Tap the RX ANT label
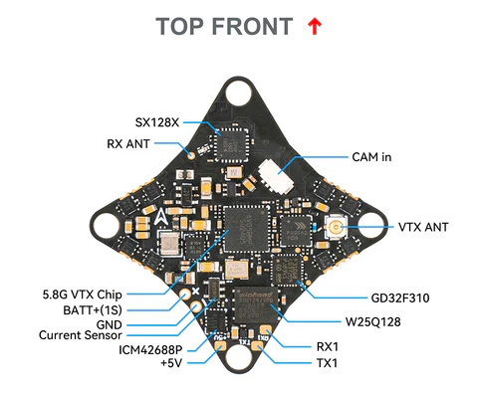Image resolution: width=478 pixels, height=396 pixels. [x=127, y=143]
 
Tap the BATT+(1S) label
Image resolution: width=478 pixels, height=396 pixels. [x=108, y=309]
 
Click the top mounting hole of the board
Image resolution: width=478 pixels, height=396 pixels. [x=239, y=94]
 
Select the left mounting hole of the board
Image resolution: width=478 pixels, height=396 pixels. [x=109, y=225]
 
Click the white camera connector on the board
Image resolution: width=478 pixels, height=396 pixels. [x=270, y=179]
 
